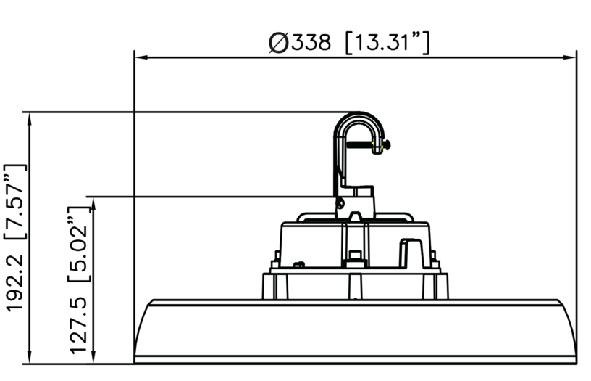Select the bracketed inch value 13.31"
(387, 43)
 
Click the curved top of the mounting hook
(358, 118)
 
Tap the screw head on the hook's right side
(387, 145)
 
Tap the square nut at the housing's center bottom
(355, 256)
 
